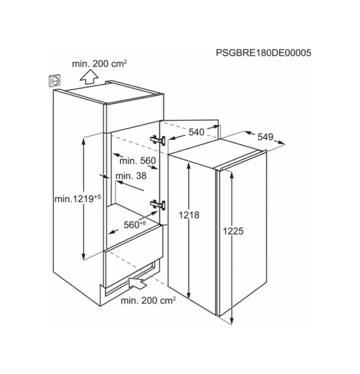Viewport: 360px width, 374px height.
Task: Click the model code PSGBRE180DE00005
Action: point(263,53)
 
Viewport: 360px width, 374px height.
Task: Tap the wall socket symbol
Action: point(54,80)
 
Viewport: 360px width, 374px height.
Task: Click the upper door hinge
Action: point(158,140)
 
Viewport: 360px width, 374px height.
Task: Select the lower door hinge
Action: point(158,205)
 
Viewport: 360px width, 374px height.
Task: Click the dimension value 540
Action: point(197,132)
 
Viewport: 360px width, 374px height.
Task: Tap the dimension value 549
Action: point(265,137)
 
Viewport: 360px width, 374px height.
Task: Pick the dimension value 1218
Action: point(189,215)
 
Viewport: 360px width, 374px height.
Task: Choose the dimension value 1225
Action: point(233,231)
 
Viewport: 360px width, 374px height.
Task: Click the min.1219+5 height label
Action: point(78,198)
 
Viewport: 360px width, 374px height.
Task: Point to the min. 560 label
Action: point(137,161)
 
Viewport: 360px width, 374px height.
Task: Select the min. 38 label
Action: point(131,176)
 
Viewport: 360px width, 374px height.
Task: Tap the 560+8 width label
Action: point(135,224)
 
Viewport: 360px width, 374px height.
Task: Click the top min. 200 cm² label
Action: point(99,64)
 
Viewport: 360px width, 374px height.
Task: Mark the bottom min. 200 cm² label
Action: point(148,300)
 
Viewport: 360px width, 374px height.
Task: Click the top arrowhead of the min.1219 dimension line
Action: point(83,141)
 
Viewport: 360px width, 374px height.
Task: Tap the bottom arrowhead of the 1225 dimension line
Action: point(232,321)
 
